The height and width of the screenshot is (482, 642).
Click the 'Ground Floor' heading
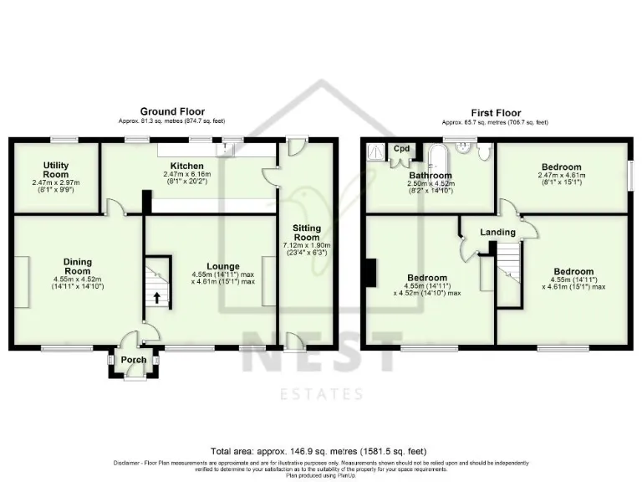tap(172, 111)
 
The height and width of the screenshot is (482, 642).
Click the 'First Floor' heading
tap(496, 112)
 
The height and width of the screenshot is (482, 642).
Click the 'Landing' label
tap(496, 232)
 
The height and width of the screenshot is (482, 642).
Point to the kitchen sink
tap(226, 148)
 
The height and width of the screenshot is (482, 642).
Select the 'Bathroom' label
tap(431, 175)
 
